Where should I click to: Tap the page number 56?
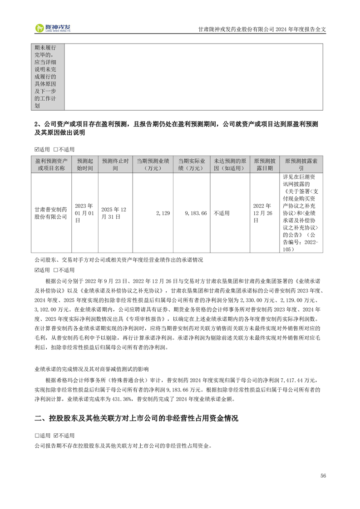pyautogui.click(x=323, y=475)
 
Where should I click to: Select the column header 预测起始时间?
pyautogui.click(x=84, y=164)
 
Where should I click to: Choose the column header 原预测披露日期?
pyautogui.click(x=265, y=164)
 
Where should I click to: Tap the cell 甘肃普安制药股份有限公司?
pyautogui.click(x=51, y=213)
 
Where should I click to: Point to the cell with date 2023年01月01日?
pyautogui.click(x=84, y=213)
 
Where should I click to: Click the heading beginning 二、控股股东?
pyautogui.click(x=136, y=418)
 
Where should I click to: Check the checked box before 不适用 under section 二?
pyautogui.click(x=56, y=435)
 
